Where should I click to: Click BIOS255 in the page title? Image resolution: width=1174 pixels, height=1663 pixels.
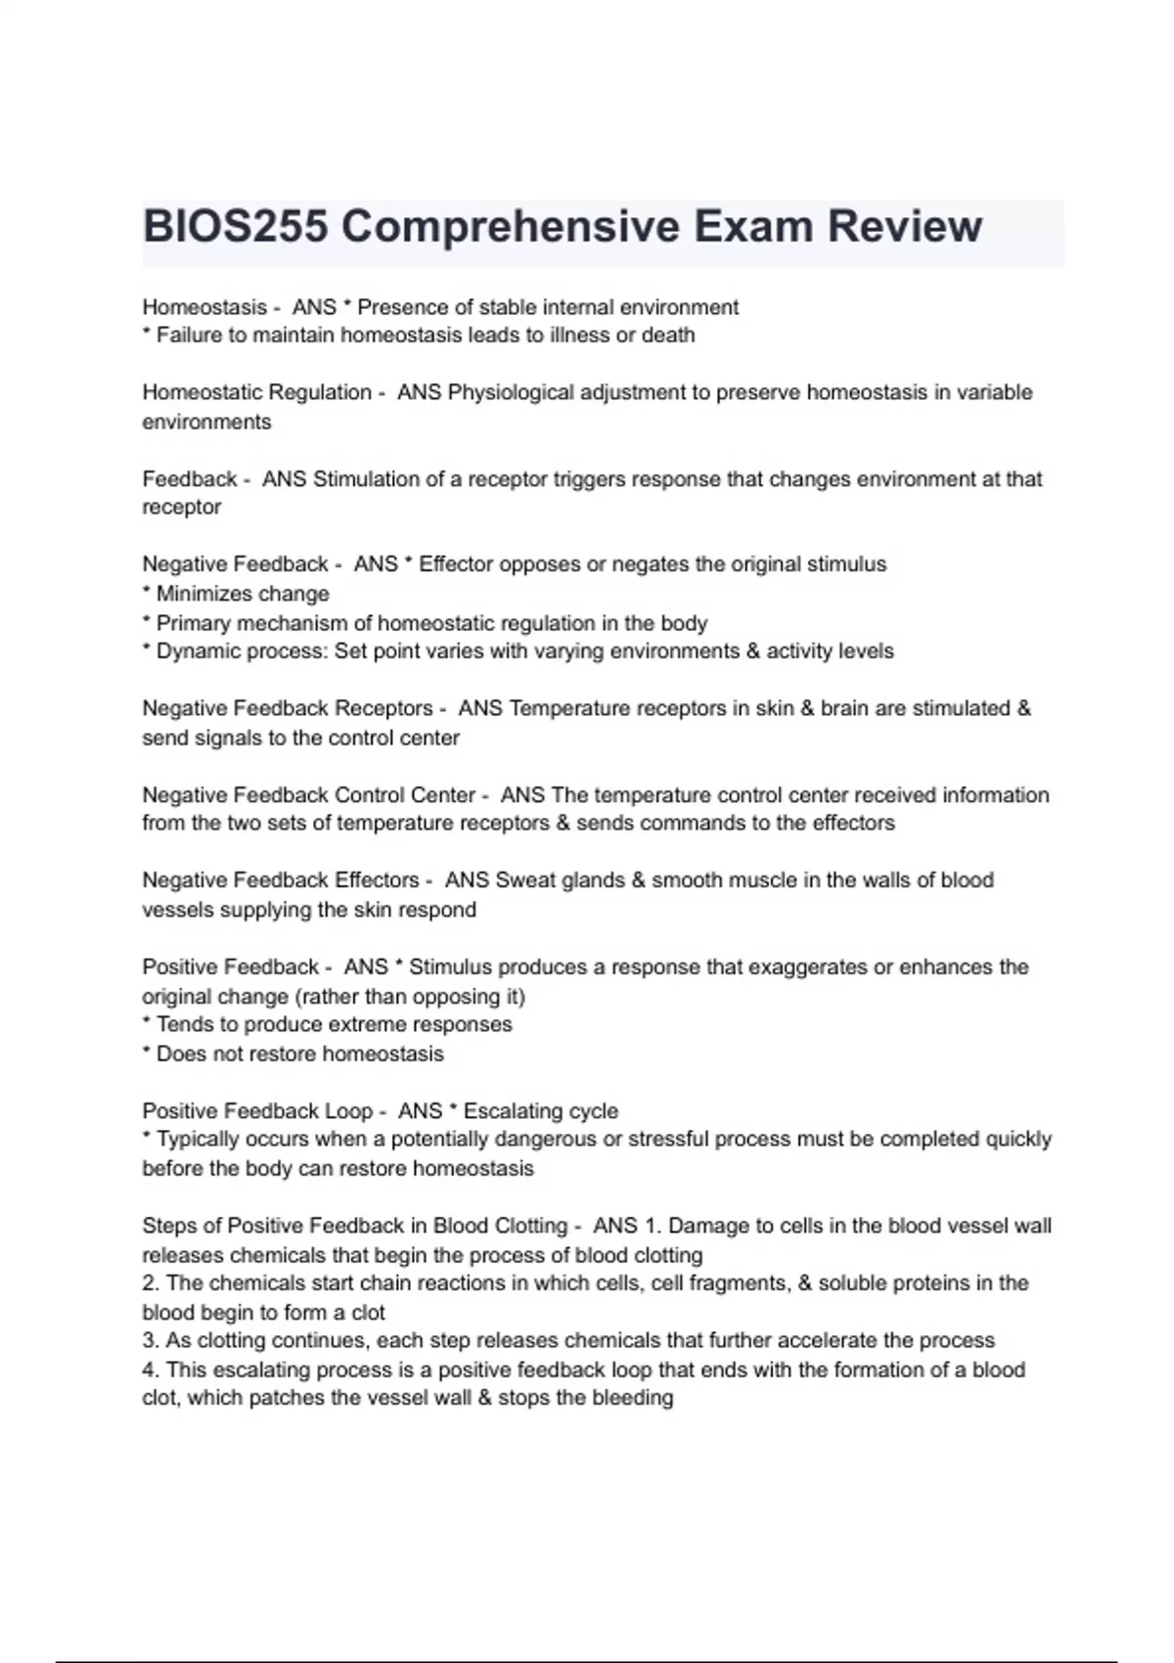[234, 227]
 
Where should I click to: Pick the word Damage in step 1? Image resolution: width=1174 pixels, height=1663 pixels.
[705, 1226]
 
